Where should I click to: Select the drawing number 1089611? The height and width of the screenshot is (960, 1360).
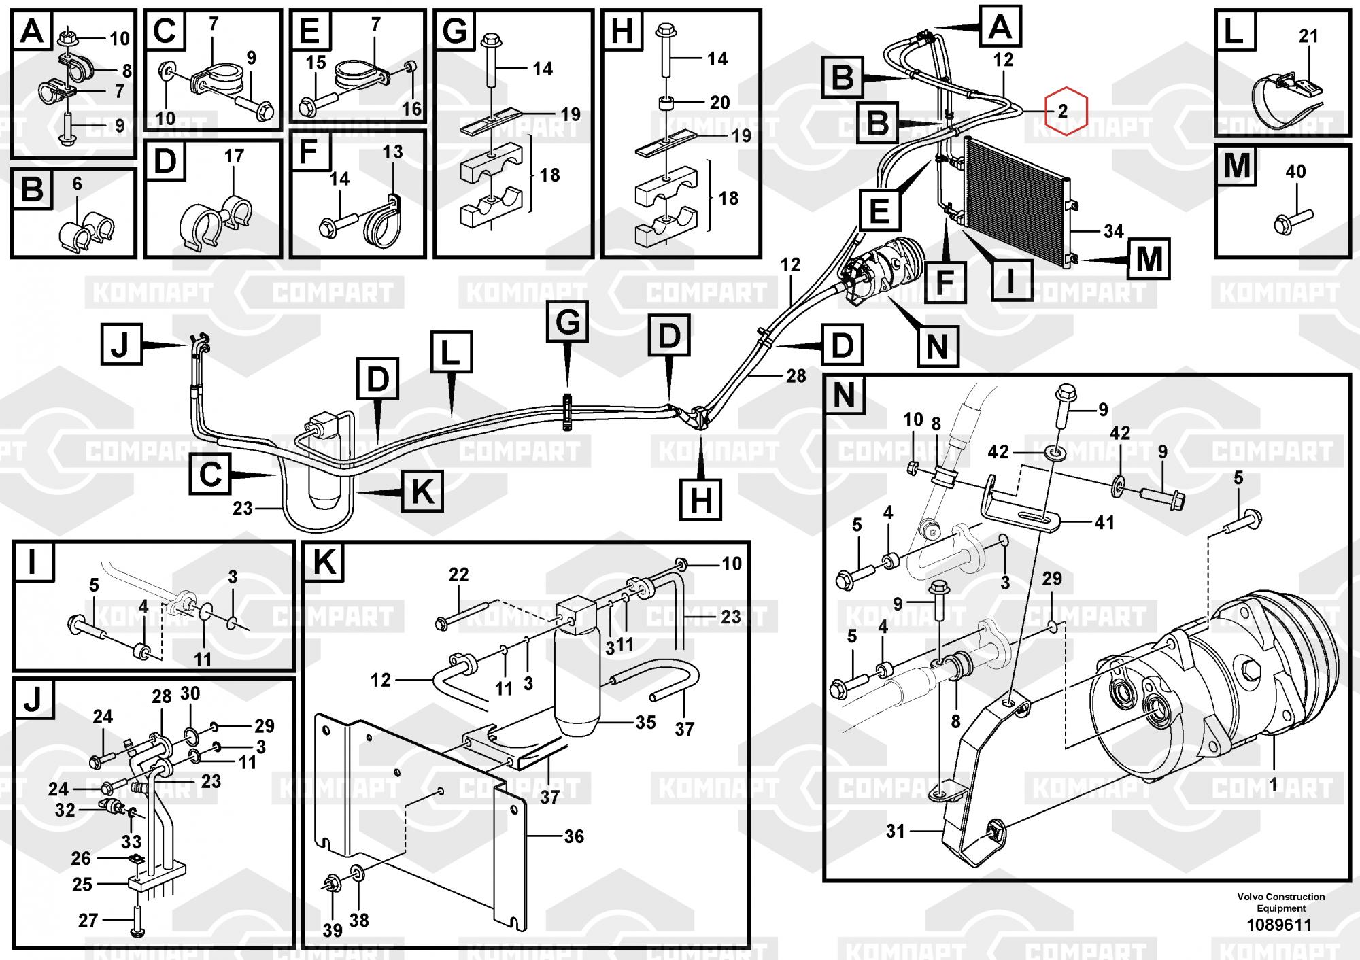coord(1278,925)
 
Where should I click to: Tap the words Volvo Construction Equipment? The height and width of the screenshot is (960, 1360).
coord(1281,902)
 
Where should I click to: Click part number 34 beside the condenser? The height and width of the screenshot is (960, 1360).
coord(1113,231)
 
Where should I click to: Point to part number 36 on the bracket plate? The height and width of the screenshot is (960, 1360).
coord(574,836)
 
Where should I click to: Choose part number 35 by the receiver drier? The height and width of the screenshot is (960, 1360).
coord(645,722)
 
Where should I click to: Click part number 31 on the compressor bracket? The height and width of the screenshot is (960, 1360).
coord(895,831)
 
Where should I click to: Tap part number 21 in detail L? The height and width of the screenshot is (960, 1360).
coord(1308,36)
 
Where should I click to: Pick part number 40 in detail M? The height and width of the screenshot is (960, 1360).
coord(1295,171)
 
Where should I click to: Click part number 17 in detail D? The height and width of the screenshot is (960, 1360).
coord(234,156)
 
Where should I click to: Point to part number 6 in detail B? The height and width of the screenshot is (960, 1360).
coord(77,184)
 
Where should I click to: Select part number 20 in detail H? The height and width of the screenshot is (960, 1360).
coord(719,103)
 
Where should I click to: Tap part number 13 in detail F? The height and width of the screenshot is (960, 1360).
coord(392,152)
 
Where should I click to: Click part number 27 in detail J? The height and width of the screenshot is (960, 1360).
coord(88,921)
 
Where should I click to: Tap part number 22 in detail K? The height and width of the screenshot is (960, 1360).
coord(458,575)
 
